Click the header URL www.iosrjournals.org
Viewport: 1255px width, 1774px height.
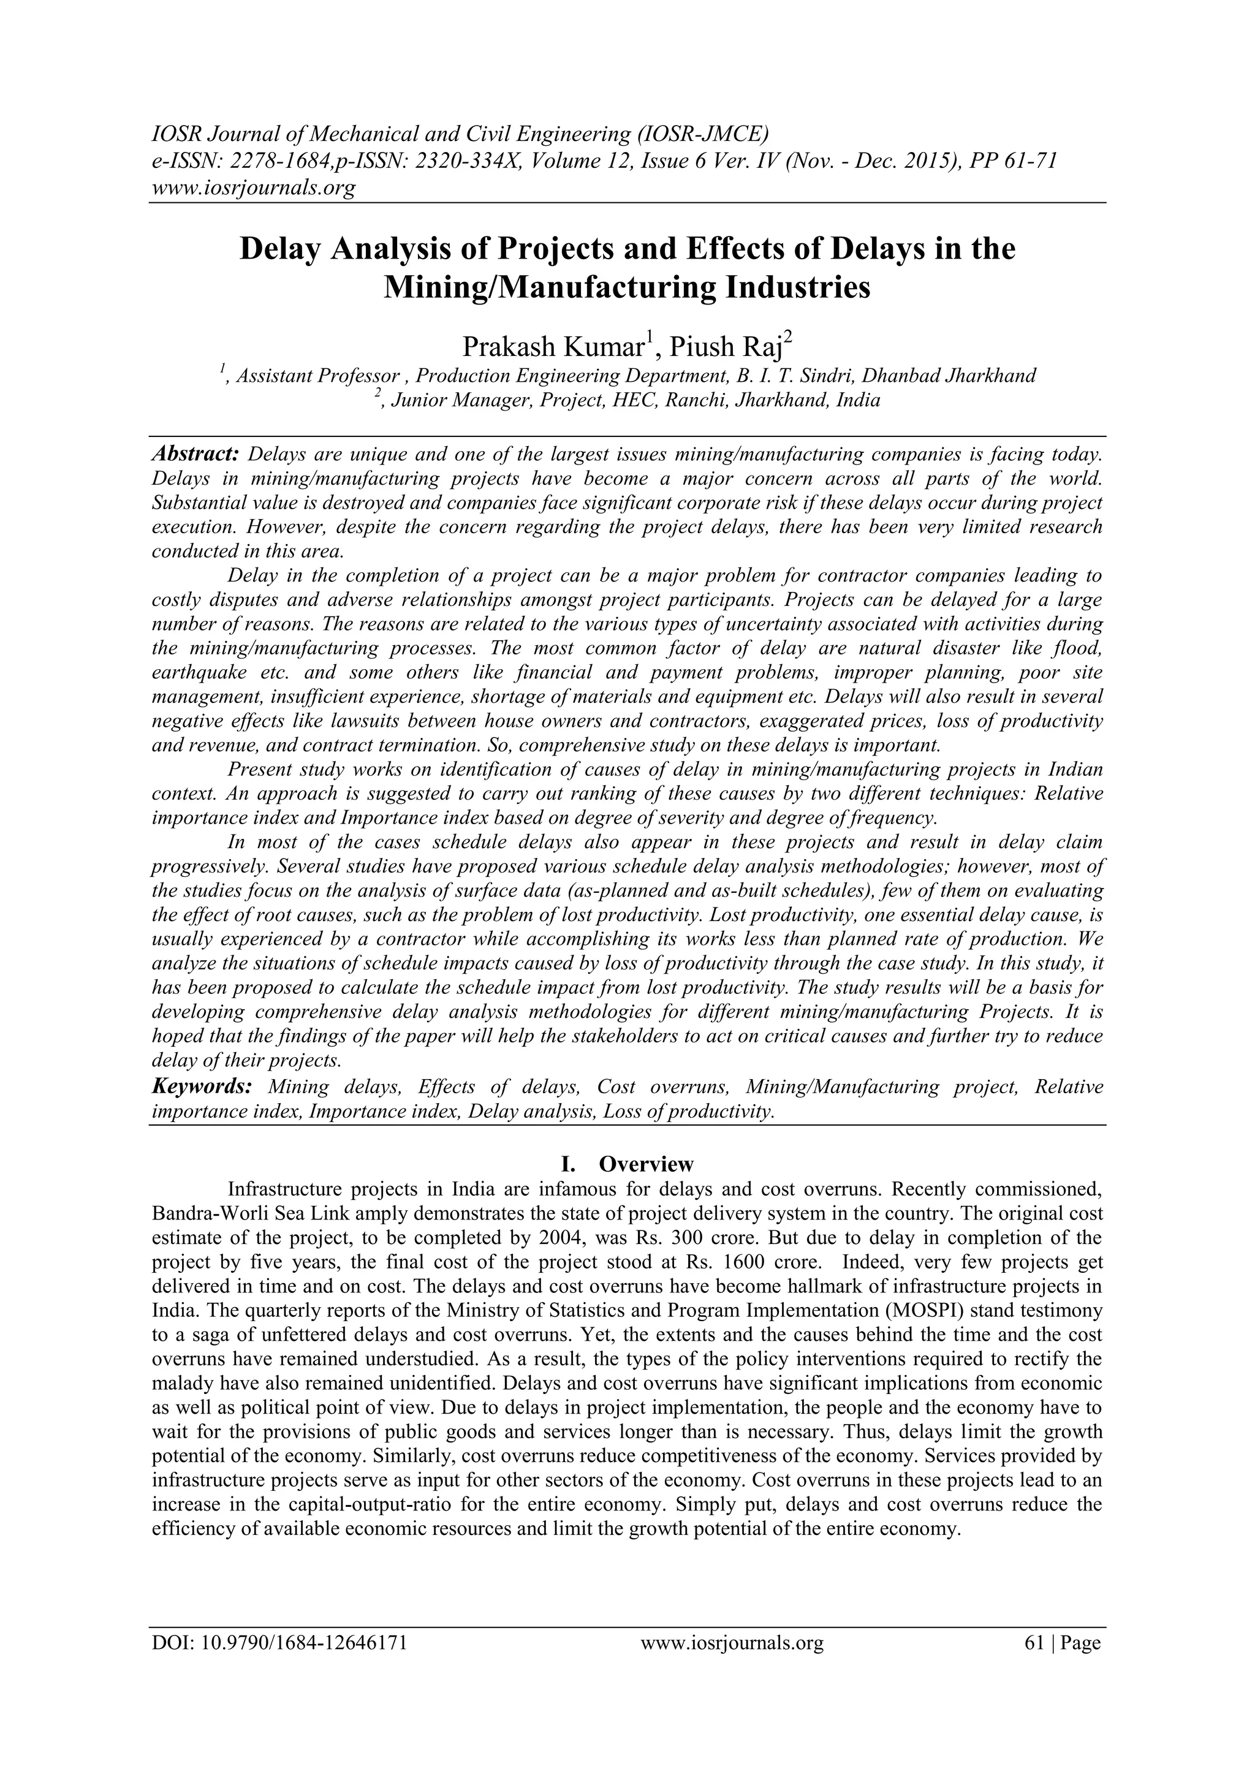click(252, 188)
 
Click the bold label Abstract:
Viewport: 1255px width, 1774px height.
click(195, 453)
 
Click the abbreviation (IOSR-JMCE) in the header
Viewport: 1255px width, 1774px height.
click(702, 134)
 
